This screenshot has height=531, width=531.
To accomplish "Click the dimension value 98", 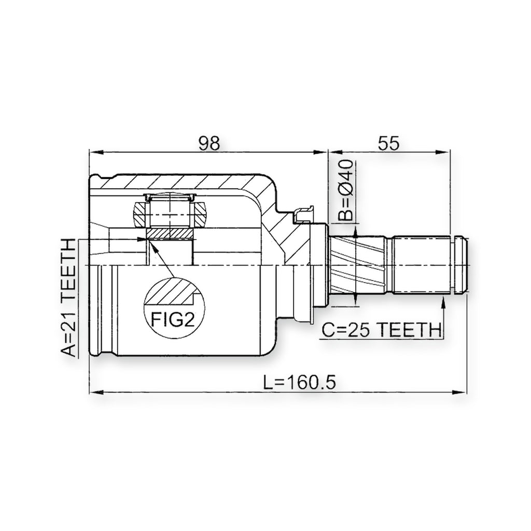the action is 209,143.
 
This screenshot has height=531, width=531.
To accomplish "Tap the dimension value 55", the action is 388,143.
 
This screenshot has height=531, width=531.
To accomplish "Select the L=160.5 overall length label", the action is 300,383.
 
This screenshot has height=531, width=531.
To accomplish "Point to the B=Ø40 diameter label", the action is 346,191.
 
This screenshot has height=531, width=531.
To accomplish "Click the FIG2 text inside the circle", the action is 173,319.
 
